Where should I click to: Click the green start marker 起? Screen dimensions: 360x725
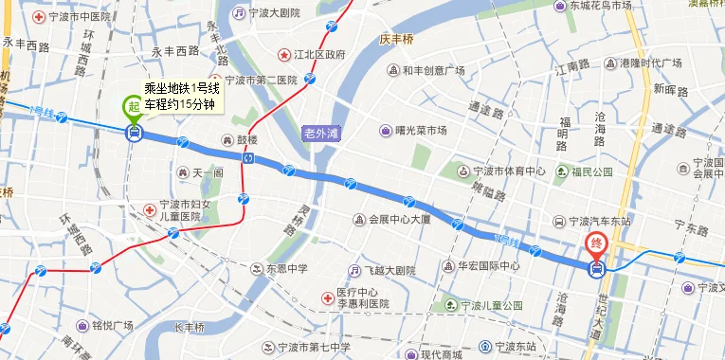tap(133, 106)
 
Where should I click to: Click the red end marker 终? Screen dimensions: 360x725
tap(596, 243)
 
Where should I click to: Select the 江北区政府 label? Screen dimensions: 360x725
tap(318, 54)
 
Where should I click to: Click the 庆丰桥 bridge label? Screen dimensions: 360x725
tap(397, 40)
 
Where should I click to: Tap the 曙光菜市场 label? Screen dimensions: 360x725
tap(421, 131)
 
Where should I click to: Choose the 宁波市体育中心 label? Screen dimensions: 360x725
tap(509, 171)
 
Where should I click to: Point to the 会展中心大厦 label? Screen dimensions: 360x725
tap(399, 219)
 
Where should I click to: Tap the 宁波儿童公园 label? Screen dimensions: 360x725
tap(493, 306)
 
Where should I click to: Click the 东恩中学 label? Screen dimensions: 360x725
tap(286, 268)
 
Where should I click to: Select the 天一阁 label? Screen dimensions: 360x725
tap(207, 173)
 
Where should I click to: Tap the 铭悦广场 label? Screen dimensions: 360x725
tap(106, 326)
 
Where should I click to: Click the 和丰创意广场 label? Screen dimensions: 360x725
tap(432, 70)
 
